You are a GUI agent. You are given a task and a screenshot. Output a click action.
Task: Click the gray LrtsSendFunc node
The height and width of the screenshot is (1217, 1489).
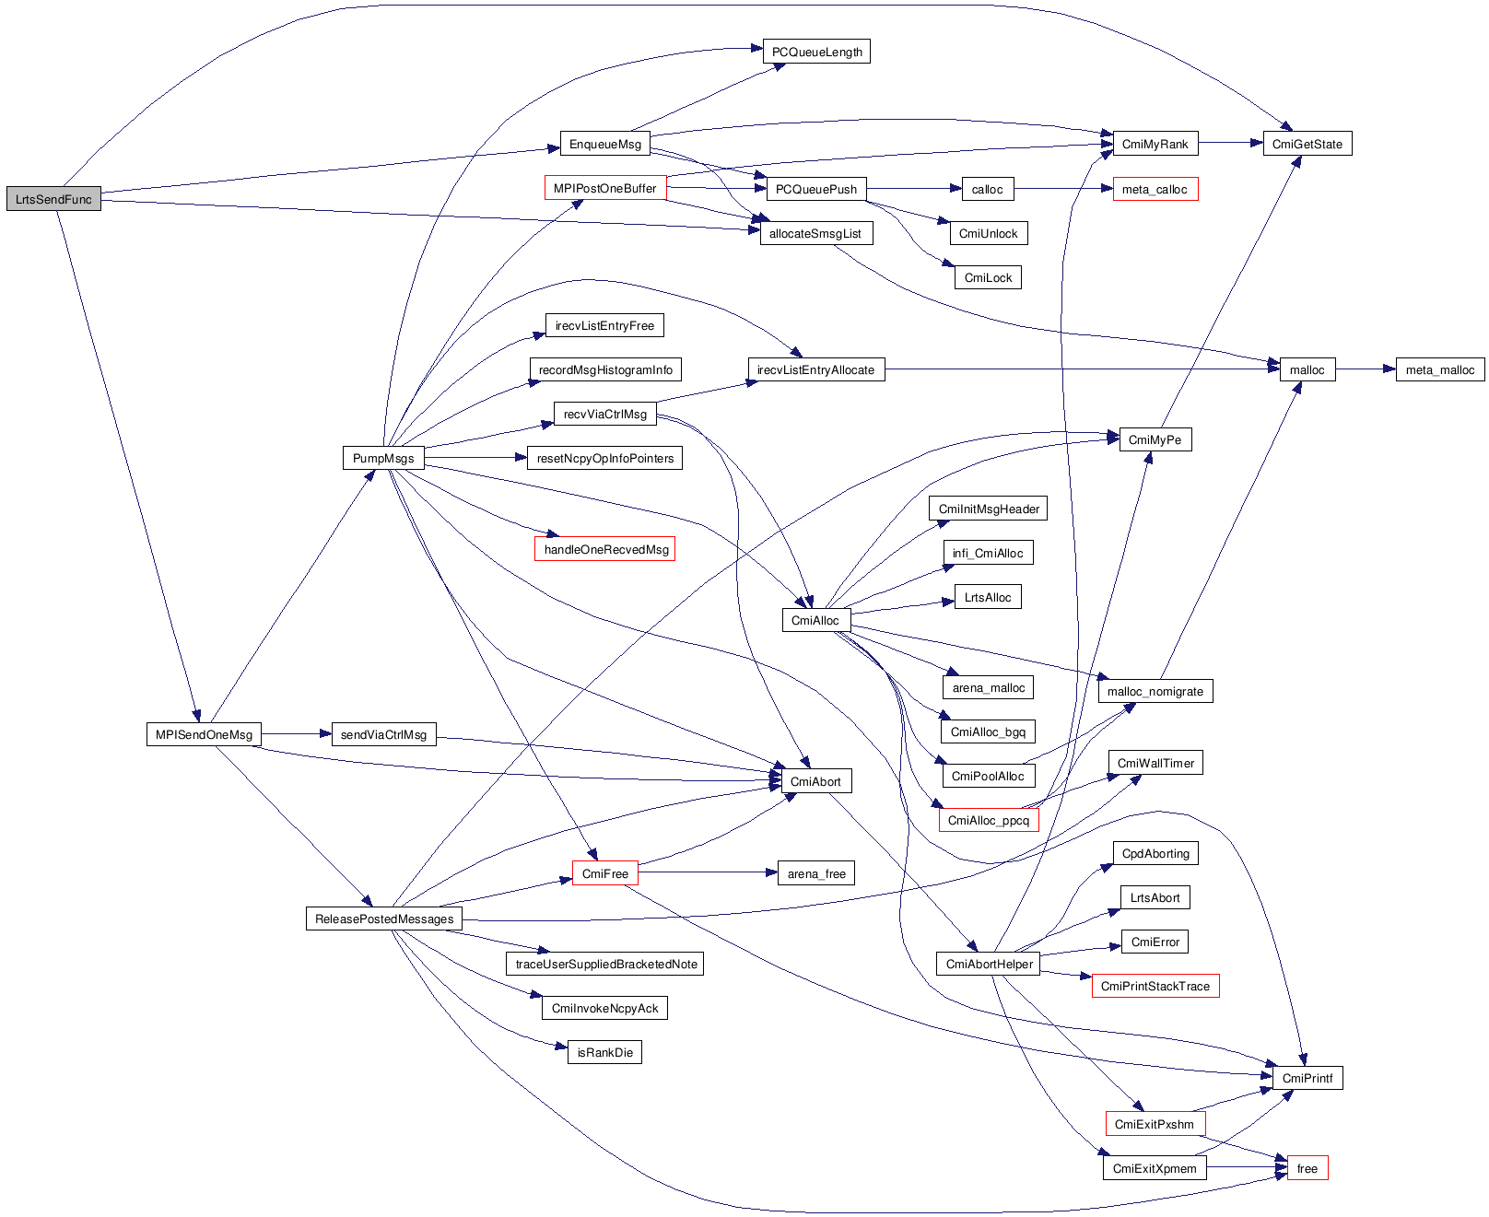(53, 199)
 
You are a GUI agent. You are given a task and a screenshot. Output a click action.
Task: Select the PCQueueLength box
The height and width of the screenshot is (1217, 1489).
(816, 52)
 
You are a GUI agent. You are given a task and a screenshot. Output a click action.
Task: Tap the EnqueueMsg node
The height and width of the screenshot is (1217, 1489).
(604, 144)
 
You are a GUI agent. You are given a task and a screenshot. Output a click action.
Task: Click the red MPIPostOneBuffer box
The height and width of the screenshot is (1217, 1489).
(604, 189)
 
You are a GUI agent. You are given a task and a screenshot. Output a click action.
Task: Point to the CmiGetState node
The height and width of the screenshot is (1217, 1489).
(1307, 144)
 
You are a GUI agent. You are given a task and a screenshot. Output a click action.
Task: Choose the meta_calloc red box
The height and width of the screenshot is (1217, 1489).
(1155, 190)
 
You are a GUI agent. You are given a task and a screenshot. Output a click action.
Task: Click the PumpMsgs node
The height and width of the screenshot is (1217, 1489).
(383, 458)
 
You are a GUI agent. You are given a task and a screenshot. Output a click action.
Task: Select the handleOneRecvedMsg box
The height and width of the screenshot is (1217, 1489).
(605, 549)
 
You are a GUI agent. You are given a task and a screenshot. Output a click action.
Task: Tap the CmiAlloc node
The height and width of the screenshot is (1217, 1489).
(815, 620)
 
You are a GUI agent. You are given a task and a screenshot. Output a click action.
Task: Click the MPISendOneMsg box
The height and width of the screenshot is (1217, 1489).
(204, 734)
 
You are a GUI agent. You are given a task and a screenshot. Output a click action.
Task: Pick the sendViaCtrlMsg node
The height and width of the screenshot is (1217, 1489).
(383, 734)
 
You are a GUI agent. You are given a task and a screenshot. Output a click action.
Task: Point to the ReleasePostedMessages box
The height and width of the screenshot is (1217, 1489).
(384, 919)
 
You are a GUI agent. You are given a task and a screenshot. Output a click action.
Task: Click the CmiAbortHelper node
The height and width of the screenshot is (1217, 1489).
(990, 964)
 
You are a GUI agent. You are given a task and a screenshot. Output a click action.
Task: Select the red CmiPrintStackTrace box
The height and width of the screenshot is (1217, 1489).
(1155, 986)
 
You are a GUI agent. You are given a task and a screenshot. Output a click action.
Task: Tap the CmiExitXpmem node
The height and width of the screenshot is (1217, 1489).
(1155, 1168)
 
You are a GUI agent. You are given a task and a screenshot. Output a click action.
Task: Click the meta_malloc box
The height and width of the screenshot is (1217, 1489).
(1439, 369)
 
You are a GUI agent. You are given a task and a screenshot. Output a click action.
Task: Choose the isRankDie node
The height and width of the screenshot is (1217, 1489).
(604, 1052)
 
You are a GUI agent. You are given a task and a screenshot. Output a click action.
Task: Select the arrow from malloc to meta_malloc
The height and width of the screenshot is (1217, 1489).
(1366, 369)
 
